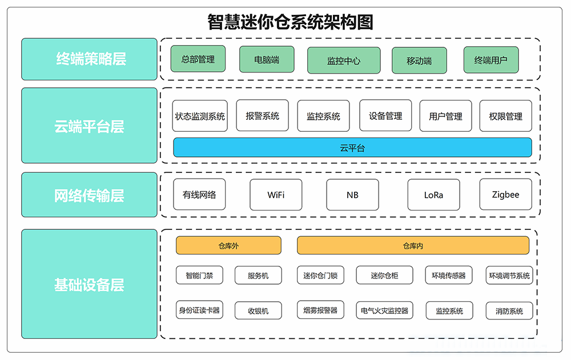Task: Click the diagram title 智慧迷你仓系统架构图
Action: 291,22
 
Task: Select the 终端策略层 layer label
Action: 89,59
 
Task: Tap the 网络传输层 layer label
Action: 89,195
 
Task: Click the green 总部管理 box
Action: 198,59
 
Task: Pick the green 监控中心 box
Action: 343,60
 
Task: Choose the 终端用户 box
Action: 490,60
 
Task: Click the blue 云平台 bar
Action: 352,147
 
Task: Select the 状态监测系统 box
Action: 200,116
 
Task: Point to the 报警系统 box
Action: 263,116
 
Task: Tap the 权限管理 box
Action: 505,116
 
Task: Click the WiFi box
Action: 276,195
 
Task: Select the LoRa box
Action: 433,195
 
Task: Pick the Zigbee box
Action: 505,195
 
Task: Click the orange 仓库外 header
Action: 228,246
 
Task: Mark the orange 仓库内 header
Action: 413,246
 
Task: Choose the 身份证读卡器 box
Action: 199,310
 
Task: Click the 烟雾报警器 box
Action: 320,310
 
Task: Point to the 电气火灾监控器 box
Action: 384,311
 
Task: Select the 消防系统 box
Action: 509,311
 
